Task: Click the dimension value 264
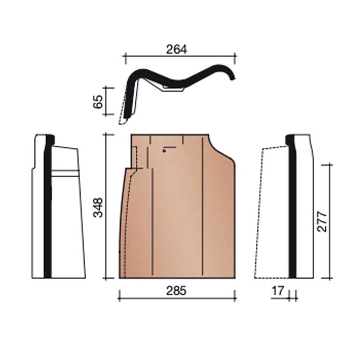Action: point(177,49)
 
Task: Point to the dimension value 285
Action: point(176,291)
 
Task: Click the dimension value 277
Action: point(321,222)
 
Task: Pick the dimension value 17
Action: point(278,291)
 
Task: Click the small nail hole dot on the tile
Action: point(164,151)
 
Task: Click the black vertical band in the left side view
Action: point(48,206)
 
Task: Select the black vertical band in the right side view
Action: point(292,206)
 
